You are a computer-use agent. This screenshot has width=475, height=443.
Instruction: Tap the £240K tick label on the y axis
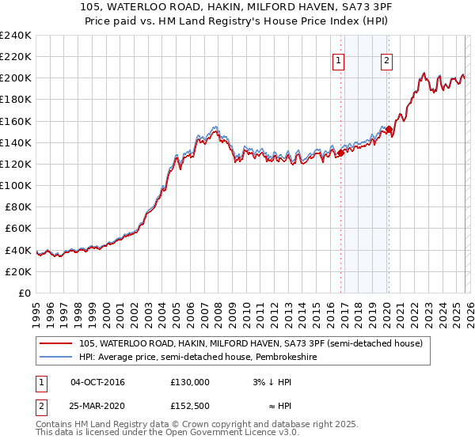(x=16, y=36)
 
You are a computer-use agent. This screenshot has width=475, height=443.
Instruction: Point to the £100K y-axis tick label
(x=16, y=185)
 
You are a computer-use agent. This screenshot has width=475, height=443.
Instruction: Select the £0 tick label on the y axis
(x=24, y=293)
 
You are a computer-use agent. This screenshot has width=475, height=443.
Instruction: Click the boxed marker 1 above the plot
(x=339, y=60)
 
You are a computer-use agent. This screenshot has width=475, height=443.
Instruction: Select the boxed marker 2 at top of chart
(x=387, y=60)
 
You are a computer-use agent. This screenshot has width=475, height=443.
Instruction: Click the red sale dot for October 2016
(x=340, y=153)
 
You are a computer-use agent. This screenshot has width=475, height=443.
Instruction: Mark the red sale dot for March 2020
(x=389, y=129)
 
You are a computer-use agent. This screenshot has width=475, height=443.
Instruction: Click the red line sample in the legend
(x=55, y=343)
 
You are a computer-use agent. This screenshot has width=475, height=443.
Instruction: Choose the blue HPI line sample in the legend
(x=55, y=358)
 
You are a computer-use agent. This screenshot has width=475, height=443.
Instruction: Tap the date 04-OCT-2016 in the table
(x=97, y=382)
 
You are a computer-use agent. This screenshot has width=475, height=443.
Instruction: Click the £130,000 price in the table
(x=190, y=382)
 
